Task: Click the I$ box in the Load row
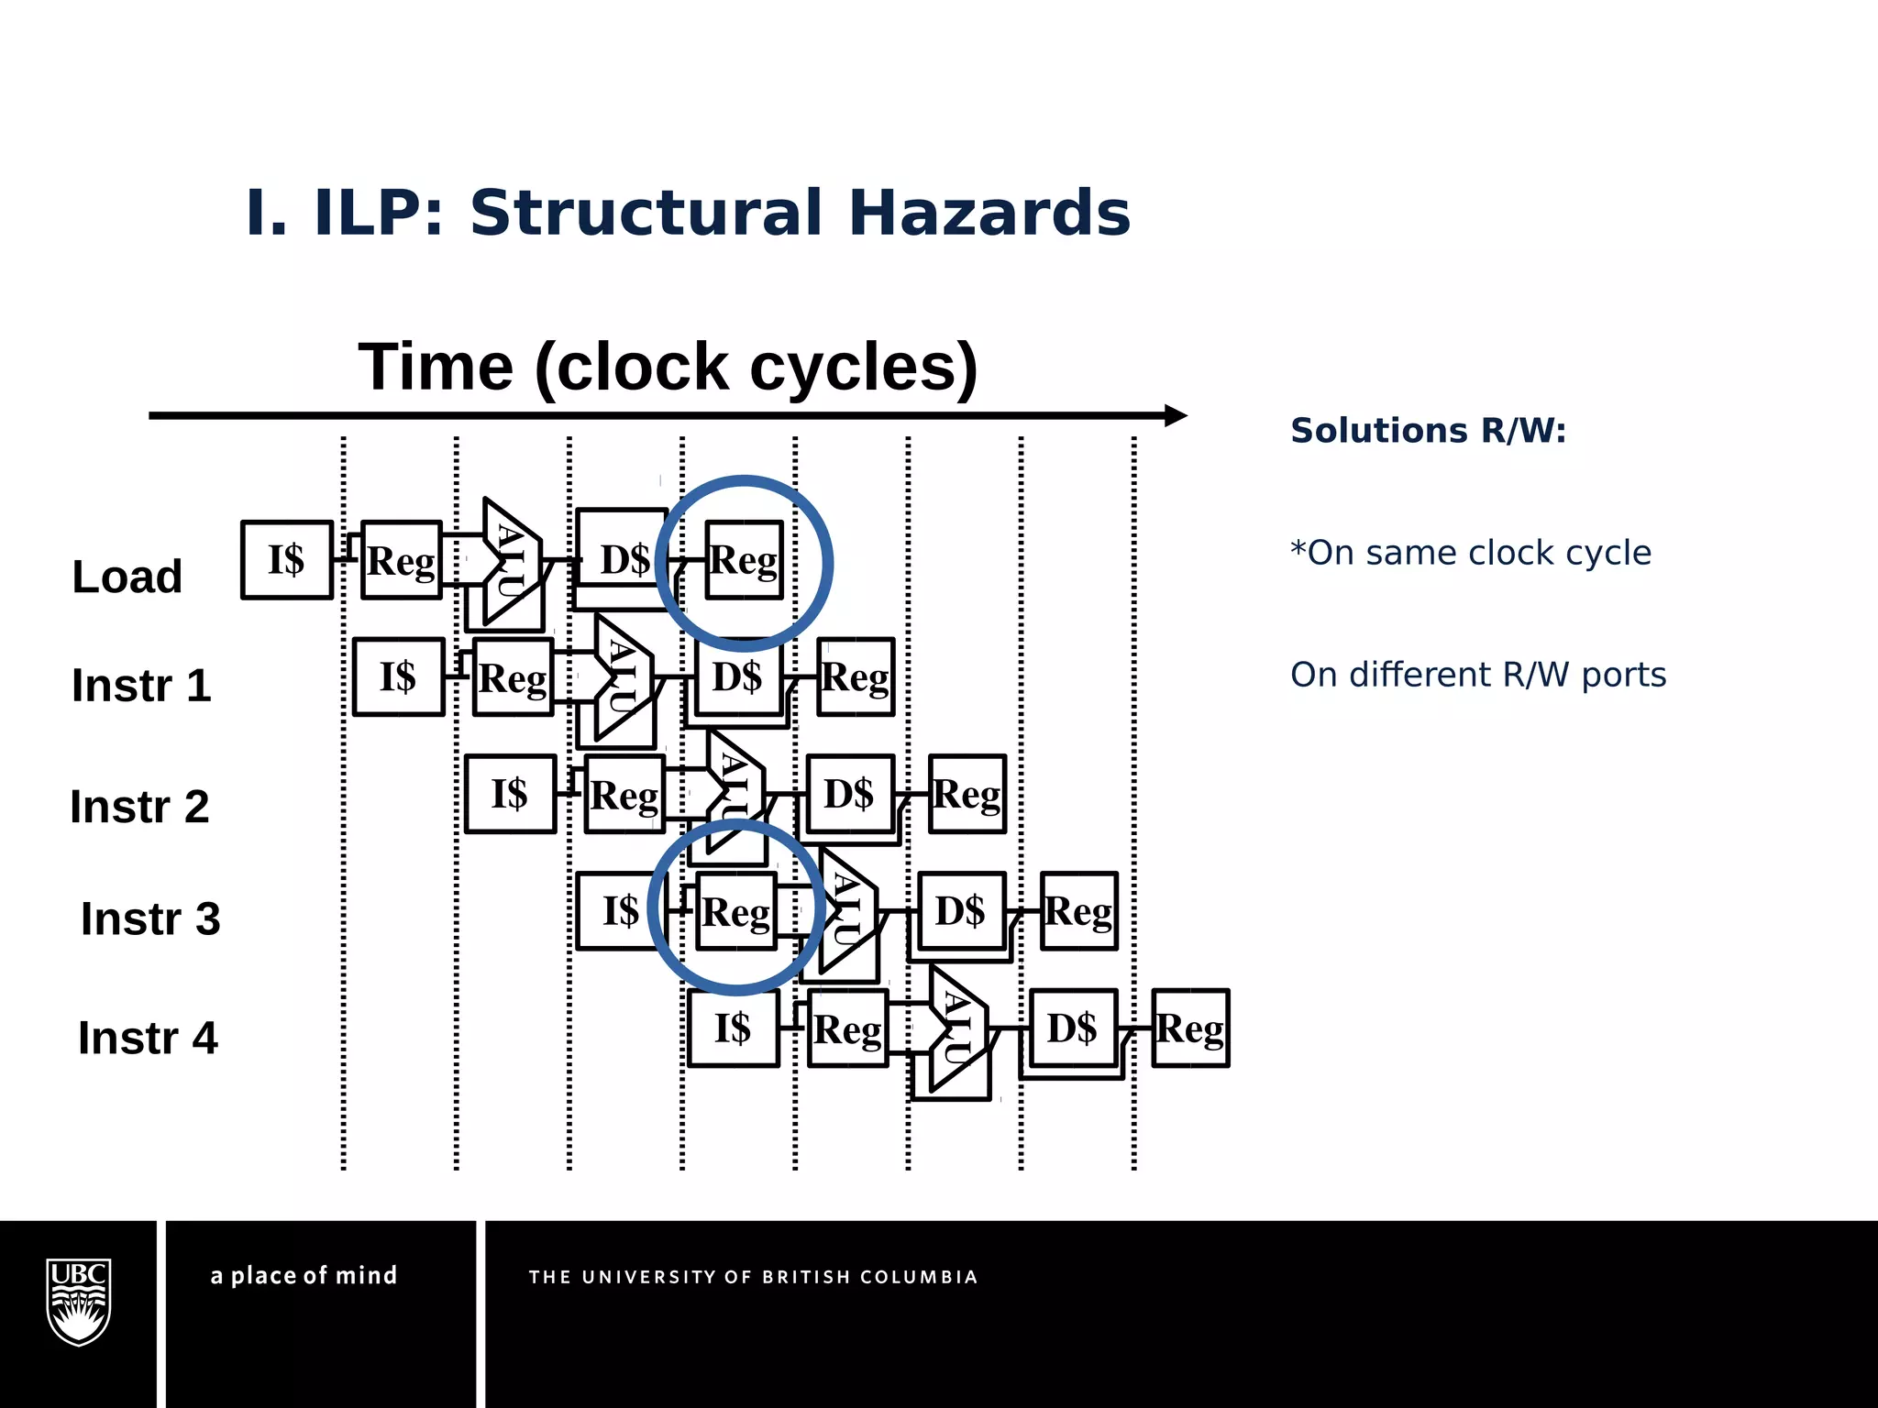(x=286, y=559)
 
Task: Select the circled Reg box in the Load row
(x=744, y=560)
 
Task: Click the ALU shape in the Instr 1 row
(x=622, y=678)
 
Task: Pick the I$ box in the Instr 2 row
(x=510, y=794)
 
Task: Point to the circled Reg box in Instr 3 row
(x=736, y=911)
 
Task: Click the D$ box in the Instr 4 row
(x=1072, y=1028)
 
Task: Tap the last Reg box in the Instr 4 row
(x=1190, y=1028)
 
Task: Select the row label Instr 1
(x=141, y=686)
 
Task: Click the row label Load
(x=127, y=577)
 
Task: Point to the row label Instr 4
(x=148, y=1038)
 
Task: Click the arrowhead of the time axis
(x=1177, y=415)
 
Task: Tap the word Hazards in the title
(x=989, y=213)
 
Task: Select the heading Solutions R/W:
(x=1428, y=430)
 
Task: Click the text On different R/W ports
(x=1477, y=675)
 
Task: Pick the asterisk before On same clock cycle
(x=1298, y=550)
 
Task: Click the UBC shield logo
(x=79, y=1302)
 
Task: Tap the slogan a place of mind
(x=304, y=1275)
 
